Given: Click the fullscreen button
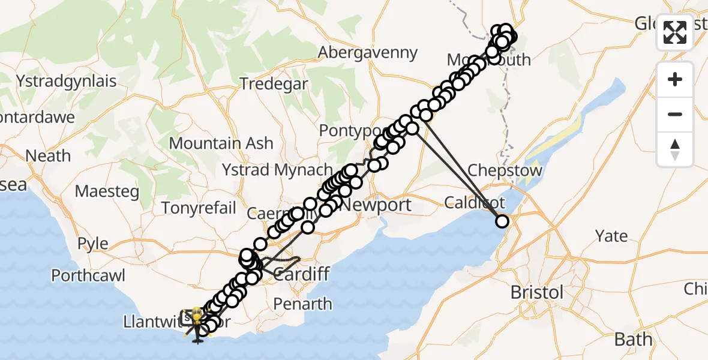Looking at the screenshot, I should point(675,32).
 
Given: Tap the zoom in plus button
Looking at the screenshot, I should point(675,80).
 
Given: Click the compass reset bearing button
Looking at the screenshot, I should point(675,149).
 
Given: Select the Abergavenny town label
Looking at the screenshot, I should point(367,53).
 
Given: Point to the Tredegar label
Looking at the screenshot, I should point(274,83).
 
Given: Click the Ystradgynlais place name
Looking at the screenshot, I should point(66,80).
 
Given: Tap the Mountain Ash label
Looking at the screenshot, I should point(221,143).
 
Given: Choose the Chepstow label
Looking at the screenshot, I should point(505,170).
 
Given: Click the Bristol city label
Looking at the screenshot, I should point(537,293).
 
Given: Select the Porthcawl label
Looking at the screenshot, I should point(88,276).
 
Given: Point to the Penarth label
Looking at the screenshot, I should point(302,304).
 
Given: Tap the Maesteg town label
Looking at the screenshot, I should point(107,192).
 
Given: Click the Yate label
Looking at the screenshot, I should point(611,236).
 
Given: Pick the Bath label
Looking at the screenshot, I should point(633,340).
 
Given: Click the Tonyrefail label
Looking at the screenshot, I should point(199,208).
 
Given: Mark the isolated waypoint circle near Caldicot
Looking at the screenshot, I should point(502,222).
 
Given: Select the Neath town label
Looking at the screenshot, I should point(48,156).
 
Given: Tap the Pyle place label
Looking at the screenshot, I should point(93,244).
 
